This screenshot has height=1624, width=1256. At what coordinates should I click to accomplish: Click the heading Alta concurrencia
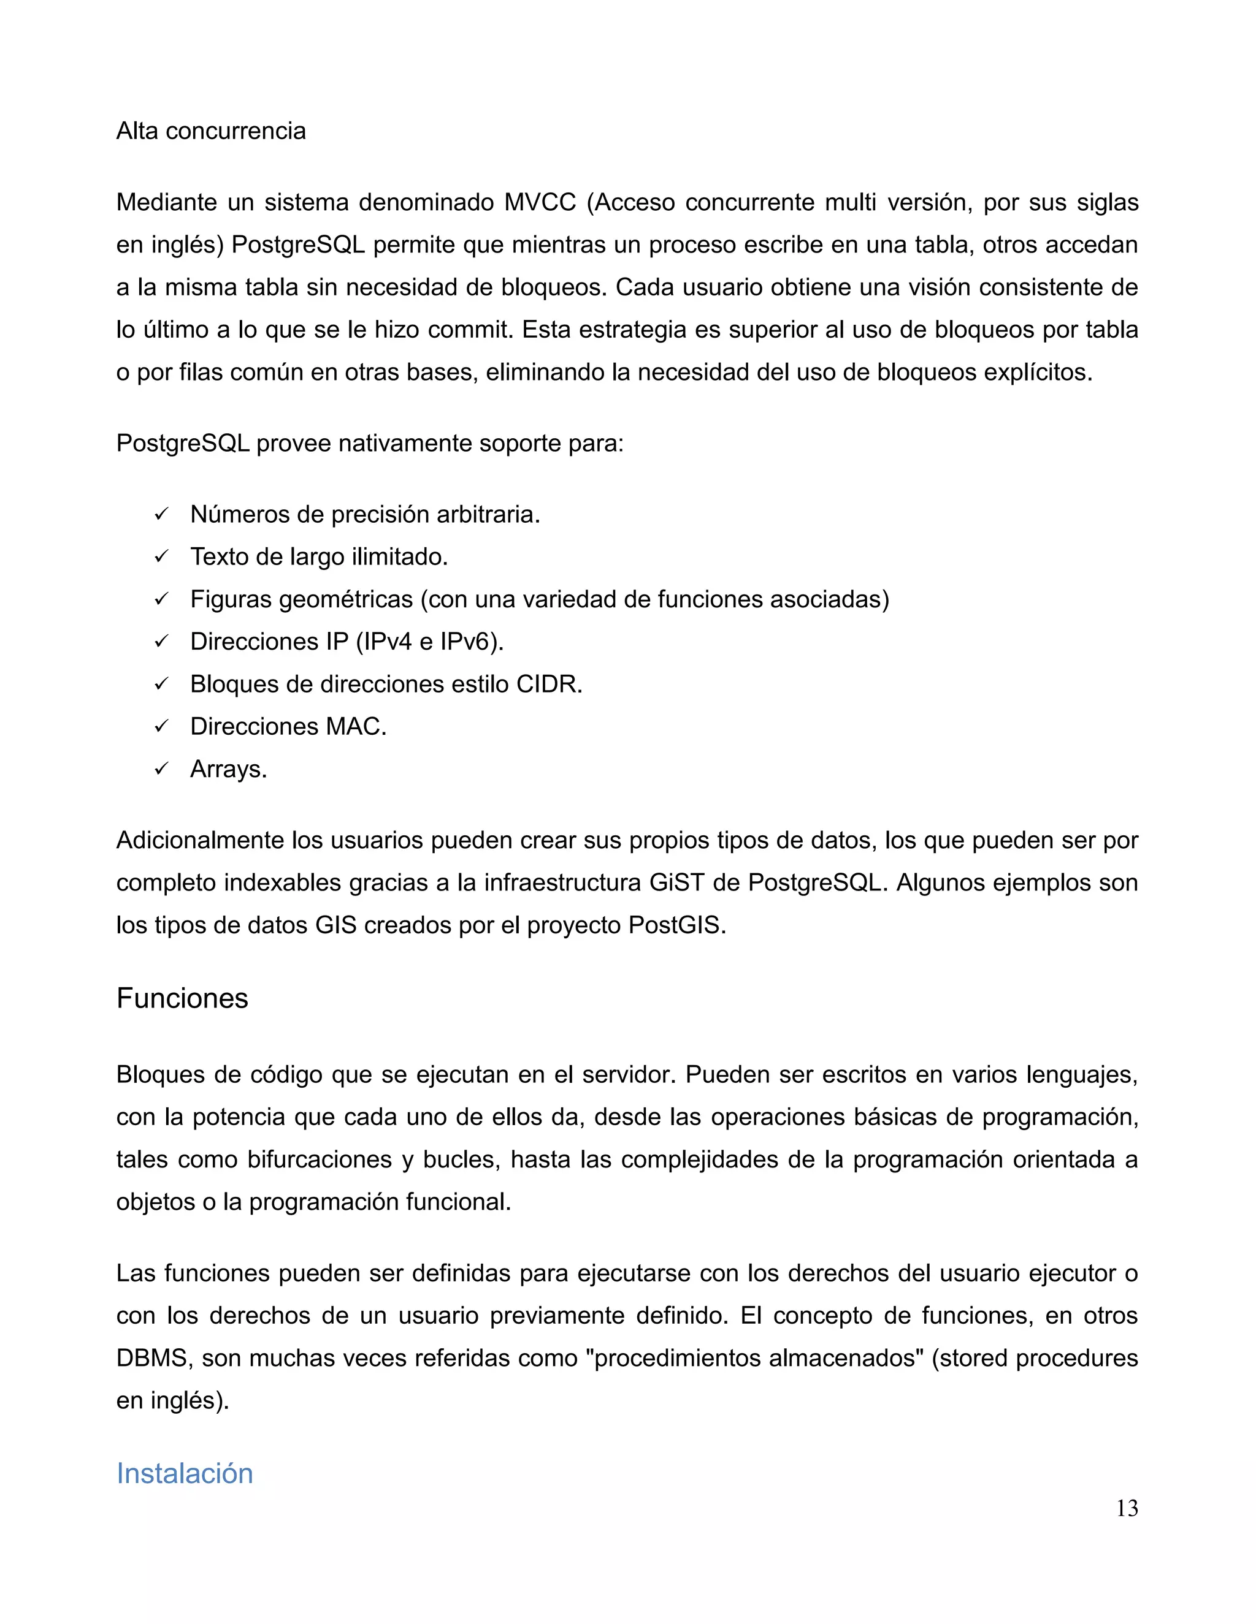[x=210, y=131]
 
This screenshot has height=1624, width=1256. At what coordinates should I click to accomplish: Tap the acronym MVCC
[x=540, y=202]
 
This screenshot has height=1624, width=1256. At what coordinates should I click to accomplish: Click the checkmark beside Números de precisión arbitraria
[x=161, y=515]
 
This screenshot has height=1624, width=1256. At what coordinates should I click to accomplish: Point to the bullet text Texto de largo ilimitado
[x=318, y=557]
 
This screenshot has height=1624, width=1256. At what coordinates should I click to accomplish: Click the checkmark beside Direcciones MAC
[x=161, y=726]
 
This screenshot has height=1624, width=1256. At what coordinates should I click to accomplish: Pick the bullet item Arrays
[x=228, y=769]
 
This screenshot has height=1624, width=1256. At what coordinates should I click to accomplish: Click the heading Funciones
[x=182, y=998]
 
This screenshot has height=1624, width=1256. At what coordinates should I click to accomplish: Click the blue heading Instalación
[x=185, y=1473]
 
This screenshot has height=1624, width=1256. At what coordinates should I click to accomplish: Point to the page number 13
[x=1127, y=1509]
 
